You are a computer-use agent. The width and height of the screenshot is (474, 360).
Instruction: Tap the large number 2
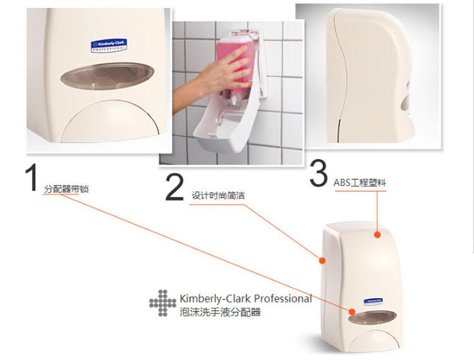[174, 188]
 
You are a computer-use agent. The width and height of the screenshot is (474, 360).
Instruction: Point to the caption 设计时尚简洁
[218, 196]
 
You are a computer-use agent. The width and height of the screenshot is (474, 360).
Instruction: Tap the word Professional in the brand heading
[283, 298]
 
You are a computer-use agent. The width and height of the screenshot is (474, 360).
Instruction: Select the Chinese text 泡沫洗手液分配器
[220, 313]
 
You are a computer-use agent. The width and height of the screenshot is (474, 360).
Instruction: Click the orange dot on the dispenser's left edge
[322, 261]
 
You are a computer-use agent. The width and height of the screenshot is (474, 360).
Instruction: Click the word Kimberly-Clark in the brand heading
[216, 298]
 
